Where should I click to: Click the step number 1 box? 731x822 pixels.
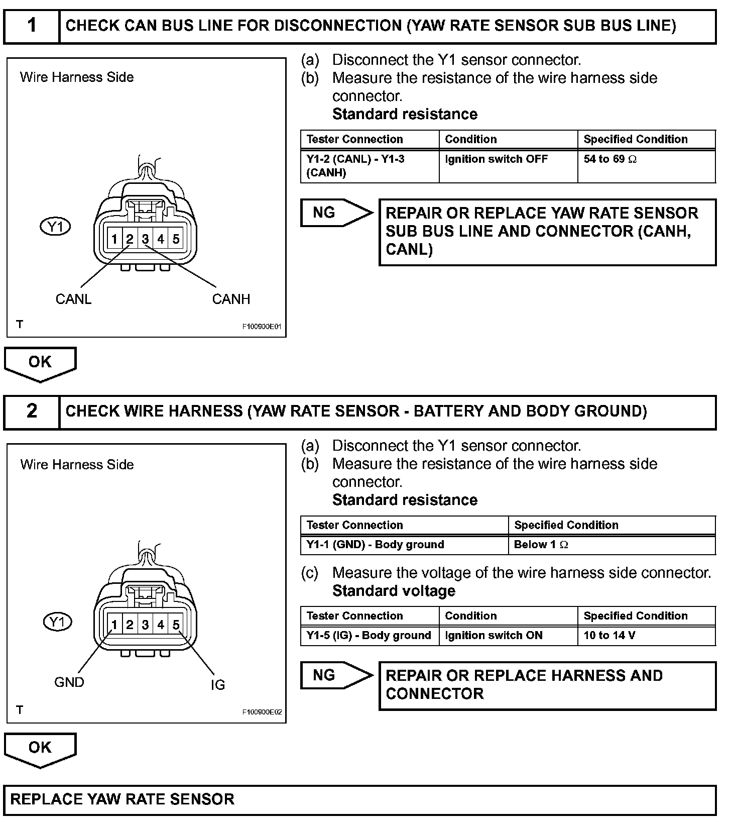tap(32, 25)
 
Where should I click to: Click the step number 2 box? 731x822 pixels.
tap(32, 411)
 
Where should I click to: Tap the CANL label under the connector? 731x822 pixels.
tap(73, 299)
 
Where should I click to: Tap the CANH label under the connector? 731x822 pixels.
tap(231, 299)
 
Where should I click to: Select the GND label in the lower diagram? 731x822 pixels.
tap(69, 682)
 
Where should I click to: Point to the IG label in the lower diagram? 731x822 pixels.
tap(218, 684)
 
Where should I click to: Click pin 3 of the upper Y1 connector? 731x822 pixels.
tap(145, 239)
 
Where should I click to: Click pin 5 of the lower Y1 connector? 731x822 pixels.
tap(176, 625)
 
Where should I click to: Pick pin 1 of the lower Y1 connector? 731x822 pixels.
tap(114, 625)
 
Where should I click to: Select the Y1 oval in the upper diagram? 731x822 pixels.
tap(55, 227)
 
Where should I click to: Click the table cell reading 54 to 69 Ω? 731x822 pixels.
tap(610, 159)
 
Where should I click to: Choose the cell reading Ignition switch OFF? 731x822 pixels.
tap(496, 159)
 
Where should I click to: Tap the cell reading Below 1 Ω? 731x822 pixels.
tap(541, 545)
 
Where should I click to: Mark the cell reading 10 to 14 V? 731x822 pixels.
tap(609, 636)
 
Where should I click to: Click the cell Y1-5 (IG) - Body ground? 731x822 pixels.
tap(369, 636)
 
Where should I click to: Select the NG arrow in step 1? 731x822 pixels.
tap(335, 213)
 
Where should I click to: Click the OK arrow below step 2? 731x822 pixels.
tap(40, 749)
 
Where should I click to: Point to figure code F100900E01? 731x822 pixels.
tap(262, 327)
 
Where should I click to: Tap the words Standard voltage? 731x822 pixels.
tap(394, 591)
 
